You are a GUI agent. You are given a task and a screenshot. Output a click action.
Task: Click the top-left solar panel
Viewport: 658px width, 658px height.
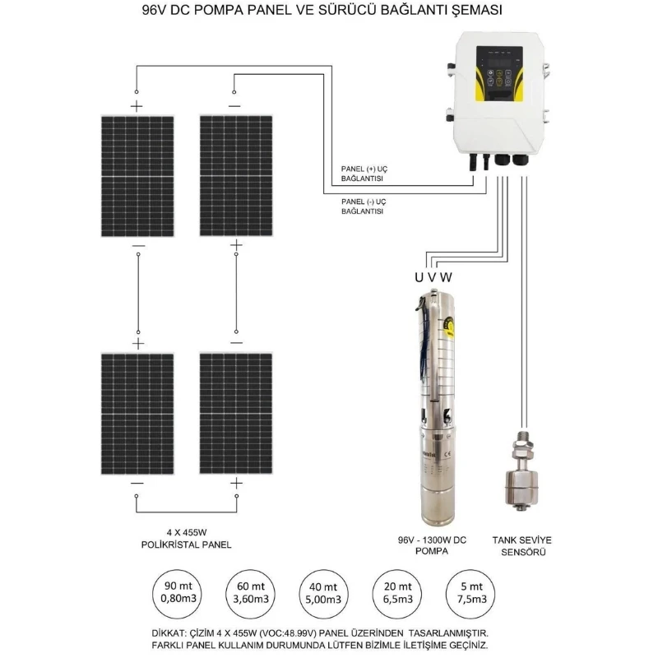click(x=137, y=176)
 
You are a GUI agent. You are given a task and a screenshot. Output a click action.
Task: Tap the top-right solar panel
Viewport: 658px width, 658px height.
click(x=236, y=176)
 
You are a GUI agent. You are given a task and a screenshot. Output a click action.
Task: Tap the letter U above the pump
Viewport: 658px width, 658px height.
click(x=419, y=276)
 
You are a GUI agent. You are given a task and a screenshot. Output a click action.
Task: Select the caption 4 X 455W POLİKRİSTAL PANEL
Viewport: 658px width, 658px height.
click(x=186, y=538)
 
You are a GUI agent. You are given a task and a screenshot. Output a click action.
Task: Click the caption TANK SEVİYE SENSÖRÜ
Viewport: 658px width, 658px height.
click(x=521, y=545)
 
